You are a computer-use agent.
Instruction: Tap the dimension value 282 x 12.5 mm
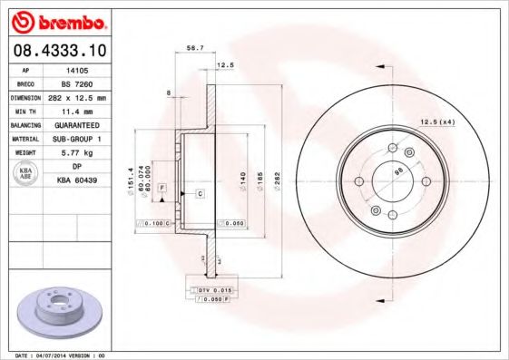[x=76, y=96]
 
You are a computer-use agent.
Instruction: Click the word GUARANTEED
[x=76, y=124]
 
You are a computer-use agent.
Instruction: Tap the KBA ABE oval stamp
[x=25, y=173]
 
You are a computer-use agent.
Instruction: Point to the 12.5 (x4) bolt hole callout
[x=436, y=122]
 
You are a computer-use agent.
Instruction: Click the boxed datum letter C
[x=199, y=195]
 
